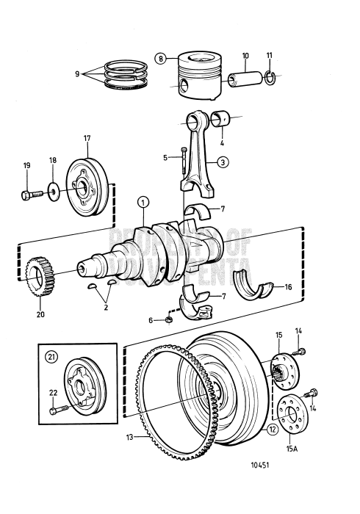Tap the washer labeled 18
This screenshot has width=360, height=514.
pyautogui.click(x=55, y=193)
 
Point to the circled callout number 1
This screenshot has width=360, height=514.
pyautogui.click(x=143, y=202)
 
